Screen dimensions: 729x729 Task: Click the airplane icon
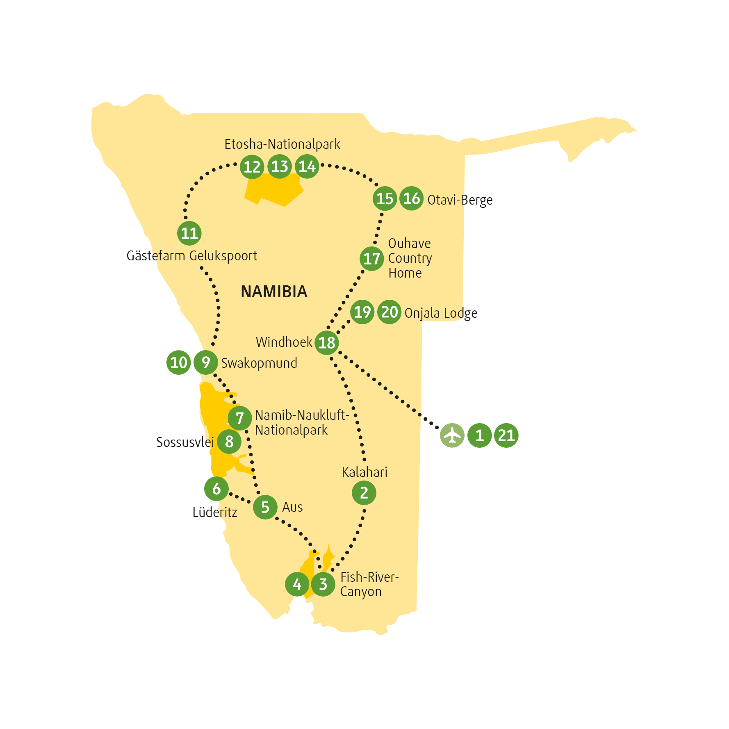click(452, 435)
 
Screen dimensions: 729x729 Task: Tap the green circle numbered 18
click(327, 342)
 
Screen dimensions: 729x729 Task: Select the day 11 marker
click(189, 233)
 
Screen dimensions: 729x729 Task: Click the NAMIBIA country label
click(274, 292)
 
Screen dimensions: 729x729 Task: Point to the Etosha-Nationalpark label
click(282, 144)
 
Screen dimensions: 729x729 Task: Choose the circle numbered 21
click(506, 435)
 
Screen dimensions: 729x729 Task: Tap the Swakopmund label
click(259, 363)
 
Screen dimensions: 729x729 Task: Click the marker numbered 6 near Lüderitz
click(216, 488)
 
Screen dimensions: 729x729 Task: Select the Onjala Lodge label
click(441, 313)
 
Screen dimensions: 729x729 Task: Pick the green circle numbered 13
click(280, 166)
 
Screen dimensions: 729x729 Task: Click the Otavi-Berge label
click(460, 200)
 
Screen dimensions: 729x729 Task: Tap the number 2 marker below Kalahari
click(364, 492)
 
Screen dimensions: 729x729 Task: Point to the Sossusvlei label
click(185, 442)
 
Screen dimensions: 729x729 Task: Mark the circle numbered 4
click(297, 584)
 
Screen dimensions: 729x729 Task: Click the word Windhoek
click(284, 342)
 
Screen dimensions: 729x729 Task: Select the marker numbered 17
click(372, 259)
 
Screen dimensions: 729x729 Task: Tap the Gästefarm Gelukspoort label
click(192, 256)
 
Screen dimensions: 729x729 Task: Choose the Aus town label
click(292, 507)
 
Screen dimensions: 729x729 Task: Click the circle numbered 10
click(179, 362)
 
